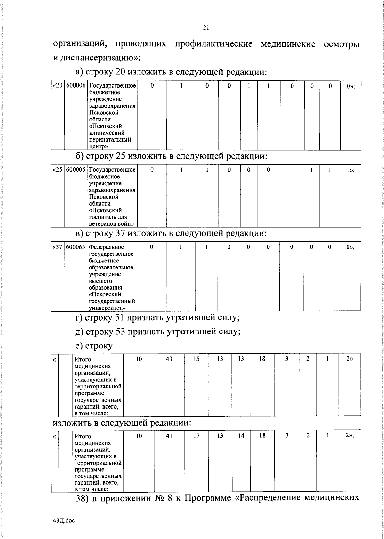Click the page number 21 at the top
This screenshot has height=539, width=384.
pyautogui.click(x=206, y=28)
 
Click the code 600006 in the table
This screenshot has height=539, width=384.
pyautogui.click(x=76, y=86)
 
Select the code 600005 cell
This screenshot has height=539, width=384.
pyautogui.click(x=76, y=170)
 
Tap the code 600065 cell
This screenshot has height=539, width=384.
pyautogui.click(x=76, y=247)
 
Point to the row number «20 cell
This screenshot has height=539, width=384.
pyautogui.click(x=57, y=86)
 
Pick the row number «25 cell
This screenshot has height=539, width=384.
pyautogui.click(x=57, y=170)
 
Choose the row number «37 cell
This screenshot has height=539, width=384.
pyautogui.click(x=57, y=247)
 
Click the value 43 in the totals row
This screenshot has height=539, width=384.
pyautogui.click(x=169, y=359)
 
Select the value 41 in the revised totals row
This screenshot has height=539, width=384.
pyautogui.click(x=169, y=436)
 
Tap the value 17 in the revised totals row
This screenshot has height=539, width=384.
pyautogui.click(x=196, y=436)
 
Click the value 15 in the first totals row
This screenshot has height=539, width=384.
pyautogui.click(x=196, y=359)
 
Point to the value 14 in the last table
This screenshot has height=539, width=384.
pyautogui.click(x=241, y=436)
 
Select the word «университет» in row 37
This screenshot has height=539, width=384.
pyautogui.click(x=102, y=308)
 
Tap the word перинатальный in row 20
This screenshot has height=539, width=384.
pyautogui.click(x=110, y=140)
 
